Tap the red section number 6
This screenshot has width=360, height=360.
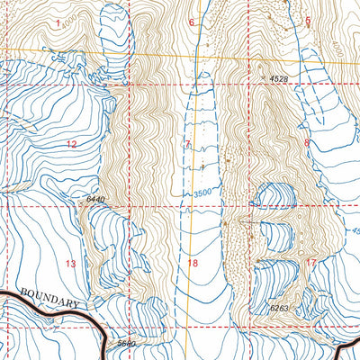pos(191,22)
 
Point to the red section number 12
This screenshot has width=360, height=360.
pos(71,144)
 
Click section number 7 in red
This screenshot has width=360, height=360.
pos(188,144)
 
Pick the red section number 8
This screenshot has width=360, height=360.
pos(307,142)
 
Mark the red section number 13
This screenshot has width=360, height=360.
pos(71,263)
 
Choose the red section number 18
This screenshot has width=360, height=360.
pos(192,263)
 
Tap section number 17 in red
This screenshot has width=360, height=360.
pos(311,262)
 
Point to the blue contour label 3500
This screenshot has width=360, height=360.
pos(206,192)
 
